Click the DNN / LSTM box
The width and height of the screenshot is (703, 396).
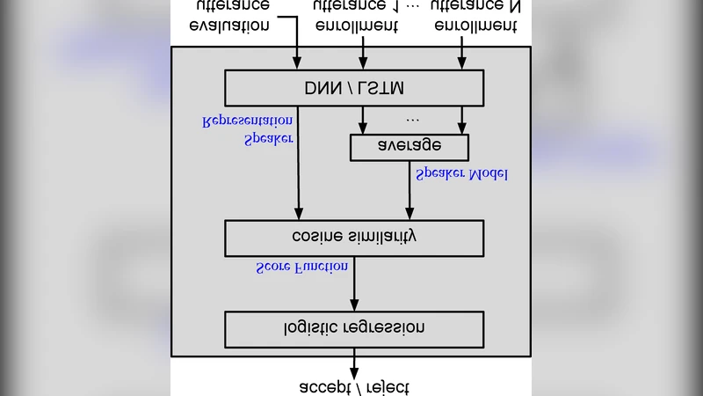[x=354, y=89]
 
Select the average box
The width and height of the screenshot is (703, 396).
[x=409, y=147]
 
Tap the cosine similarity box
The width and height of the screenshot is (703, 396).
[x=354, y=238]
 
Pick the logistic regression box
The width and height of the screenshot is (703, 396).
[x=354, y=329]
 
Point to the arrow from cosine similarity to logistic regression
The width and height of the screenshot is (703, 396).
[x=354, y=283]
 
